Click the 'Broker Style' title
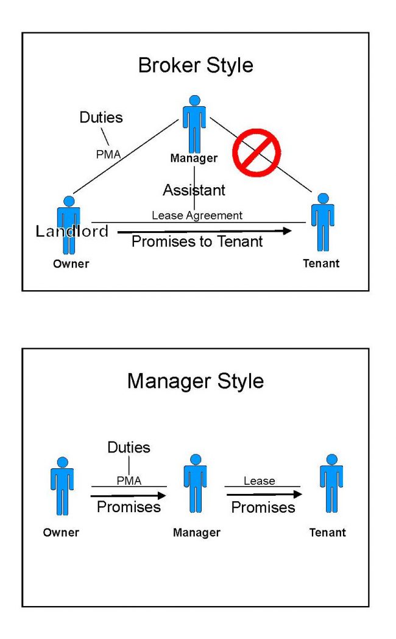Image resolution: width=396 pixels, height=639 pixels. pyautogui.click(x=196, y=66)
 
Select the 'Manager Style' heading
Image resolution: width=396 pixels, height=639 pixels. pyautogui.click(x=196, y=382)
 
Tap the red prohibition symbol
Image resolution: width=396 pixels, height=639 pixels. pyautogui.click(x=256, y=152)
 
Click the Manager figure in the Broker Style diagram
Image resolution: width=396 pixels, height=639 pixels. pyautogui.click(x=194, y=124)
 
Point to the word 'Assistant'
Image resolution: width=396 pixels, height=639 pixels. pyautogui.click(x=194, y=190)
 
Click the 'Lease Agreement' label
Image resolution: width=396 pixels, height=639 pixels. pyautogui.click(x=197, y=215)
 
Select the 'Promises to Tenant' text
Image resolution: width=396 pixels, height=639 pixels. pyautogui.click(x=197, y=241)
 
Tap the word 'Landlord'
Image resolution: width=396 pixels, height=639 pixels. pyautogui.click(x=72, y=231)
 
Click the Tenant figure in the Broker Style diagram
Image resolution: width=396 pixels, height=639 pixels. pyautogui.click(x=323, y=222)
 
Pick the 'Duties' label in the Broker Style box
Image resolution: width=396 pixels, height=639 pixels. pyautogui.click(x=101, y=117)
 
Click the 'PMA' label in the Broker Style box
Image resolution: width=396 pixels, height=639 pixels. pyautogui.click(x=108, y=154)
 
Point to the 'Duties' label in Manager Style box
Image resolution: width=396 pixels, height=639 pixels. pyautogui.click(x=129, y=448)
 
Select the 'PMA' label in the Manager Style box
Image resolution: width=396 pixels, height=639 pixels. pyautogui.click(x=129, y=481)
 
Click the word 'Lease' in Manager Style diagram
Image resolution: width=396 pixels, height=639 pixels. pyautogui.click(x=260, y=481)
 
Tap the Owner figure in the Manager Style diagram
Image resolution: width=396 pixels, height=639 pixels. pyautogui.click(x=62, y=486)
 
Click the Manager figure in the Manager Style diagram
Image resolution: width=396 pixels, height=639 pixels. pyautogui.click(x=196, y=484)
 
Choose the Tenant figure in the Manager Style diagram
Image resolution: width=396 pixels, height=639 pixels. pyautogui.click(x=331, y=484)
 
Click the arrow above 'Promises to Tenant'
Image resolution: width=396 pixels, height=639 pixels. pyautogui.click(x=205, y=232)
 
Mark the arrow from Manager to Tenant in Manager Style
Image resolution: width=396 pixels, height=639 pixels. pyautogui.click(x=264, y=494)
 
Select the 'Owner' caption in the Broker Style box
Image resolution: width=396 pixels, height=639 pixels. pyautogui.click(x=71, y=263)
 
